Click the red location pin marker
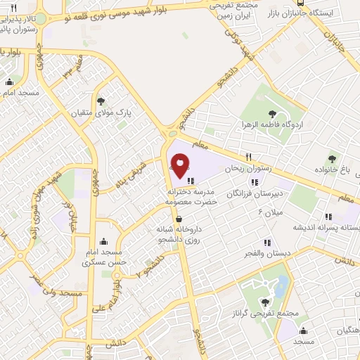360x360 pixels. coord(181,167)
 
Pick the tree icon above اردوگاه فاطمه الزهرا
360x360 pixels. coord(271,112)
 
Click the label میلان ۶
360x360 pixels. coord(270,211)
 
